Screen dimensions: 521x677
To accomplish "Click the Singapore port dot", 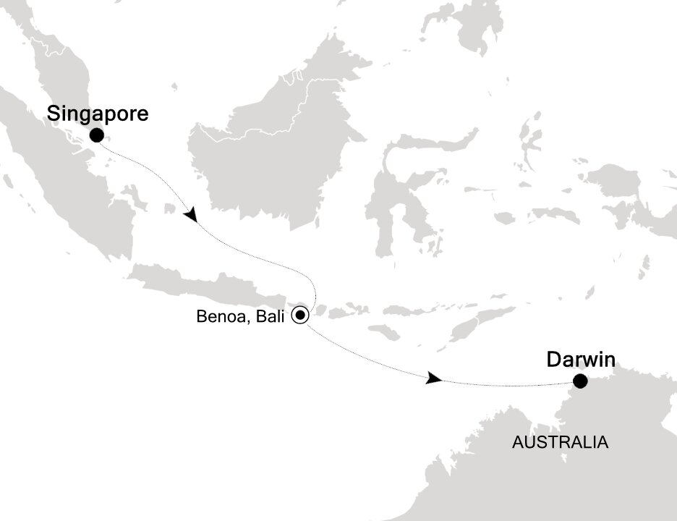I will [x=96, y=135].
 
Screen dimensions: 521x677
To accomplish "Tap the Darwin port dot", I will [x=580, y=381].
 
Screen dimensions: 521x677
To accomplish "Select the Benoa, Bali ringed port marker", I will [x=300, y=315].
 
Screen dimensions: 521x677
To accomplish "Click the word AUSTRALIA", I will [x=560, y=442].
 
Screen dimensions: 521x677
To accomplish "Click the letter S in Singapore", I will [x=54, y=114].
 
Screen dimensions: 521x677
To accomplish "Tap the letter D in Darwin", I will [x=553, y=359].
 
